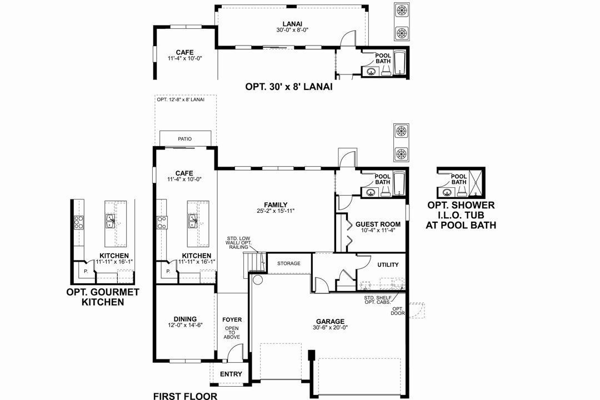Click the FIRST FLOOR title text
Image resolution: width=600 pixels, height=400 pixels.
(x=185, y=396)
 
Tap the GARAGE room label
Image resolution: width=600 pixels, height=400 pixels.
(x=330, y=322)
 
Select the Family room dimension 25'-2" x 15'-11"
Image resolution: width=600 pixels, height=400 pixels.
(x=276, y=211)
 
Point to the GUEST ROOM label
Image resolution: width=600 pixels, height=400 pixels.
(x=378, y=224)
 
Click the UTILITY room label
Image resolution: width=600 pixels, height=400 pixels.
(x=388, y=264)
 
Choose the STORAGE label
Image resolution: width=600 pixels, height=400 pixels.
(x=289, y=263)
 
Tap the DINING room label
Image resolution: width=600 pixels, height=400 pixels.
(x=185, y=319)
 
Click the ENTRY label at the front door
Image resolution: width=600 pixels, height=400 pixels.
(x=231, y=374)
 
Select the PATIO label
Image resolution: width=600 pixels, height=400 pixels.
(x=185, y=139)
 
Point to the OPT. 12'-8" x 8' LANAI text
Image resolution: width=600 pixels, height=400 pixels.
(x=181, y=99)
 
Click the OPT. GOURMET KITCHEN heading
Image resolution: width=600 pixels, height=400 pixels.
(x=103, y=297)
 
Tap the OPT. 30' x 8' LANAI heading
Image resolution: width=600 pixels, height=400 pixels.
(x=289, y=87)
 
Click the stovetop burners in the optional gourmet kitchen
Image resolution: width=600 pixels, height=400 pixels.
(x=79, y=222)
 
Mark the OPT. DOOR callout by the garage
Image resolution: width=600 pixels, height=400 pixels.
(x=398, y=311)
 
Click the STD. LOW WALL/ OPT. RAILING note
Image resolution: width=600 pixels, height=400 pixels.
(x=238, y=243)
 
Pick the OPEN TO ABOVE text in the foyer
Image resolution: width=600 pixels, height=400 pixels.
(x=232, y=333)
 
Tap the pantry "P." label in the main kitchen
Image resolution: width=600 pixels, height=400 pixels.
(x=168, y=271)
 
